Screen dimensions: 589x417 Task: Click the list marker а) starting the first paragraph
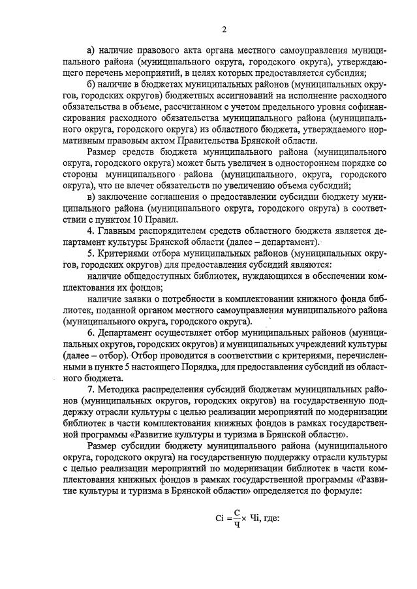tap(91, 49)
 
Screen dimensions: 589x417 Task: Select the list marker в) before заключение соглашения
tap(91, 198)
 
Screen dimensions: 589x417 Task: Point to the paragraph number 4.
tap(90, 232)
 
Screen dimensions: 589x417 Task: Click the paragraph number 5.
tap(90, 255)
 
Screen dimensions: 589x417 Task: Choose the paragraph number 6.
tap(90, 334)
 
